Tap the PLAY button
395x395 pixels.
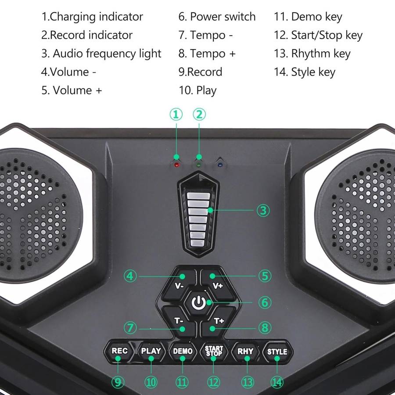pos(151,351)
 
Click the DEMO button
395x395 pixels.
pos(183,351)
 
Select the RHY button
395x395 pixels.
pos(245,351)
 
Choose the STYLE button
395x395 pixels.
pos(277,351)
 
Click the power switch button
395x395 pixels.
pos(198,302)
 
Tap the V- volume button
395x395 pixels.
pos(179,283)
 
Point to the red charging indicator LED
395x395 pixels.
pos(176,166)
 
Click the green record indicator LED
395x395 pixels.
pos(199,165)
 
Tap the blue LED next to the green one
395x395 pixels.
pos(220,165)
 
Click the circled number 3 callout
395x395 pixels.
pos(263,210)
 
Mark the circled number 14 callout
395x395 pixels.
pos(277,382)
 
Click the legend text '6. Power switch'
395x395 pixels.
pos(217,17)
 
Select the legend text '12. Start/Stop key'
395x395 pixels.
pos(318,35)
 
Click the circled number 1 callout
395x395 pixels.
pos(176,115)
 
